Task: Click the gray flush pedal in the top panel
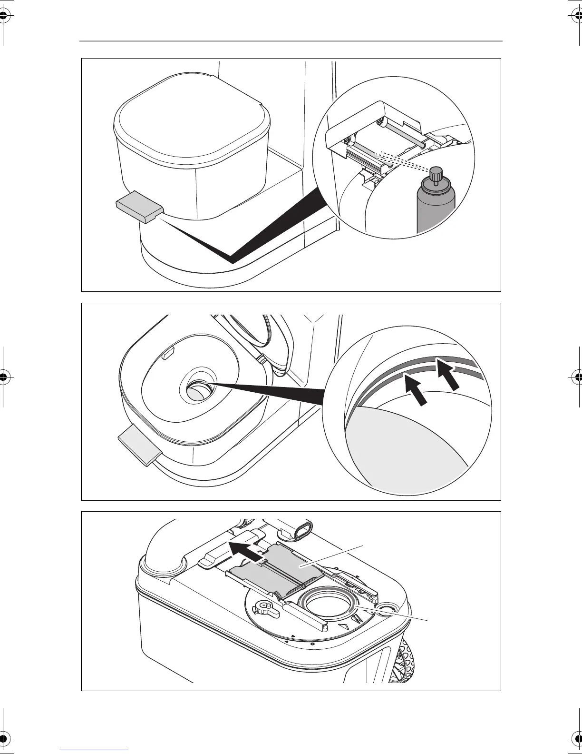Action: (x=138, y=206)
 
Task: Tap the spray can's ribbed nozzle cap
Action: (x=434, y=175)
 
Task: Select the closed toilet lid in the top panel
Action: (x=190, y=115)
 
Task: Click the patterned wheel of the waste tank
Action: (x=404, y=659)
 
